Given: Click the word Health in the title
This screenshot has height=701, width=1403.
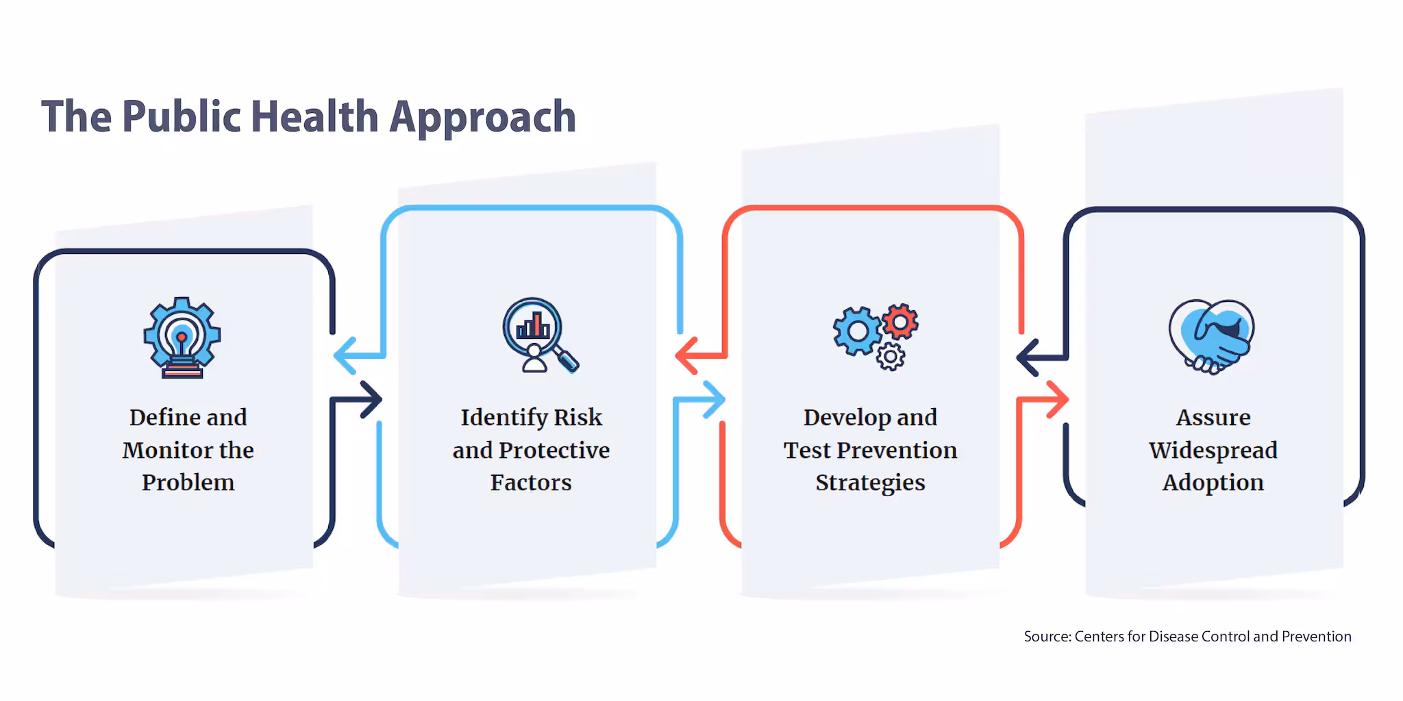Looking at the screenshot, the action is coord(314,116).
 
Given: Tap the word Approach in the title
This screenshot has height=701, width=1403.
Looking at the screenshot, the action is coord(483,118).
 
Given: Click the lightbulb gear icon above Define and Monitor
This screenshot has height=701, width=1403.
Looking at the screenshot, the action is coord(182,337).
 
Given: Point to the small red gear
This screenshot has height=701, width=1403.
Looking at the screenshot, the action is coord(900,321).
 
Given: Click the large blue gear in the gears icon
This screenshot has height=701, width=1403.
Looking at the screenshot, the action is coord(858,331).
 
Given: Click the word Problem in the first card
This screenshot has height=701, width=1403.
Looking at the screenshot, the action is coord(188,483).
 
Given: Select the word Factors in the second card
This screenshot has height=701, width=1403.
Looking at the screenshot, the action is coord(531,483).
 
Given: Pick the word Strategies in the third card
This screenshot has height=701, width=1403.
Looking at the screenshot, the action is coord(870,483).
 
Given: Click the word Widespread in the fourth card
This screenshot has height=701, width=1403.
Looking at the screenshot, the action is coord(1213,450).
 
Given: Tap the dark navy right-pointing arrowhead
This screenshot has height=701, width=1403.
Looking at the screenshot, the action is coord(371,400).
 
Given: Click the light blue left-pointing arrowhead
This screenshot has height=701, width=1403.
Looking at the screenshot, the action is coord(345,356).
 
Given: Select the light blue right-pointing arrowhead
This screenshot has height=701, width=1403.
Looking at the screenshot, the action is coord(714,400).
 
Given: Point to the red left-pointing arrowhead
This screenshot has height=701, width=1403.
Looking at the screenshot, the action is coord(686,356).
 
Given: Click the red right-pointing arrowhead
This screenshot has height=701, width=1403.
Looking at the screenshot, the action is coord(1057,400).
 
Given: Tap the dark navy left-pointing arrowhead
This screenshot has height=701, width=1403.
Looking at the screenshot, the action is coord(1028,357).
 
